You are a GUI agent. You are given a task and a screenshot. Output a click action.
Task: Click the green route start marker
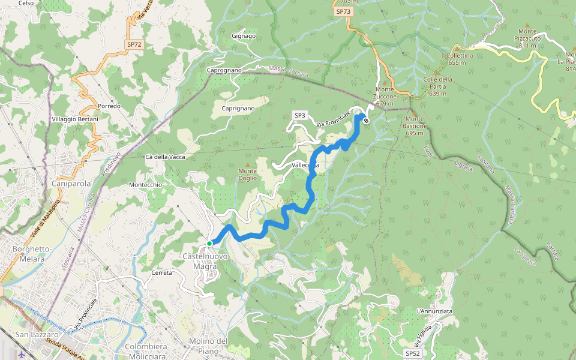[209, 243]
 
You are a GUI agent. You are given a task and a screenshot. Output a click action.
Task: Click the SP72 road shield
[134, 44]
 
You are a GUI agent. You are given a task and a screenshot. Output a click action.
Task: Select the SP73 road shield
[343, 11]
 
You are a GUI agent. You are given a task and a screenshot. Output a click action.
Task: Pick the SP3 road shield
[300, 115]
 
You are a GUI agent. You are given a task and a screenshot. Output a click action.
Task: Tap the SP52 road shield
[412, 353]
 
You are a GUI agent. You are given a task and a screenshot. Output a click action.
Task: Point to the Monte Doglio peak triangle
[247, 164]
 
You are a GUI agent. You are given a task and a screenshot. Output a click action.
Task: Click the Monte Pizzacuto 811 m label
[527, 38]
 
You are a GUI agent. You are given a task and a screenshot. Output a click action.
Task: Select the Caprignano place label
[238, 108]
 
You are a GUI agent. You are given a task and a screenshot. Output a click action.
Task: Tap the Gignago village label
[244, 36]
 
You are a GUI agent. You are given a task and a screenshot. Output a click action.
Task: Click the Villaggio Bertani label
[75, 119]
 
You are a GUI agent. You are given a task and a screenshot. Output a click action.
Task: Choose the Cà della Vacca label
[165, 157]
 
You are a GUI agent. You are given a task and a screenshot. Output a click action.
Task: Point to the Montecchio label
[145, 185]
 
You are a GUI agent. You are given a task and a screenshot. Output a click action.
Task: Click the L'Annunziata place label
[434, 311]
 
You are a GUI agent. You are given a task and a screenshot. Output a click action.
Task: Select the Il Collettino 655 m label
[457, 59]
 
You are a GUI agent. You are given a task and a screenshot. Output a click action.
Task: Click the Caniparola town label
[71, 183]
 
